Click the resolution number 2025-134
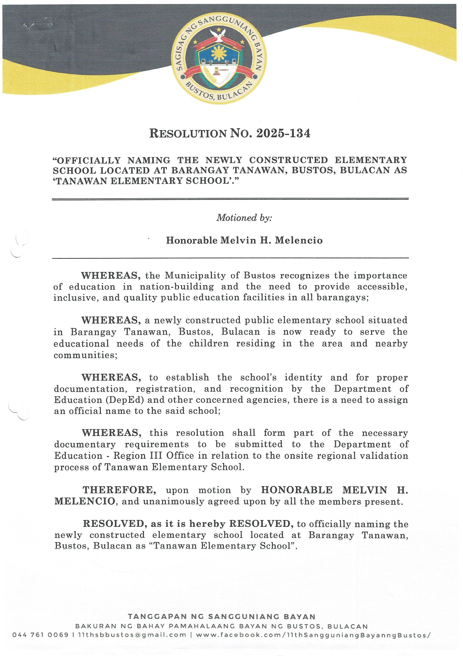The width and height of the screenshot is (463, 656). pyautogui.click(x=283, y=133)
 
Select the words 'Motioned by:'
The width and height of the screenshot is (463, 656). pyautogui.click(x=244, y=218)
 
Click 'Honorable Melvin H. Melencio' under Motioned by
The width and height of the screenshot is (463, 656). pyautogui.click(x=244, y=240)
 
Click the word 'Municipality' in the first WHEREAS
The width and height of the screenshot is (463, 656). pyautogui.click(x=202, y=275)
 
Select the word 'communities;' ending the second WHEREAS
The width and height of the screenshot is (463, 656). pyautogui.click(x=86, y=355)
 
